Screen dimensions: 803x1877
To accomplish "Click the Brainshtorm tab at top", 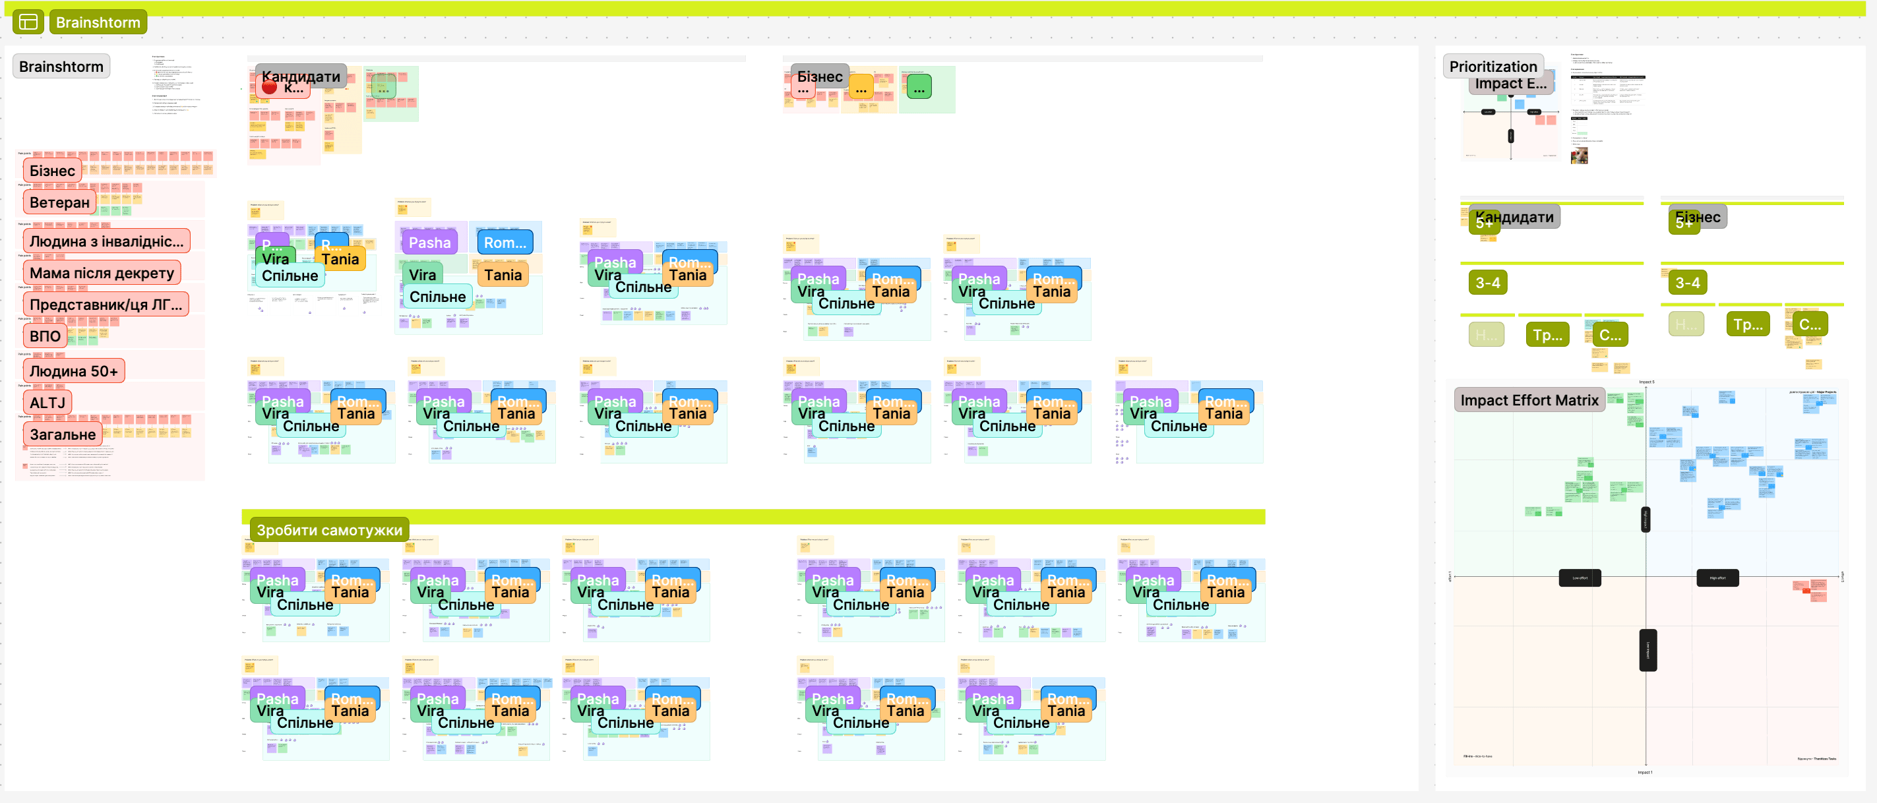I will (98, 22).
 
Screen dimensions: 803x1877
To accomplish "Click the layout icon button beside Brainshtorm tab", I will (28, 22).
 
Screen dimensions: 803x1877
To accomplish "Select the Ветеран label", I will (59, 202).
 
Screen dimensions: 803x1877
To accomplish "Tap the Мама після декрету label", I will (102, 273).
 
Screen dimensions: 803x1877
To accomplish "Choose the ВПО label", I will (44, 336).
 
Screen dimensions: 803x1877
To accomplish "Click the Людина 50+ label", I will (73, 371).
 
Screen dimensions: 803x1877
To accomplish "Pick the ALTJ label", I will (47, 402).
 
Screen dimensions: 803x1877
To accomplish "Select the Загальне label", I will (62, 434).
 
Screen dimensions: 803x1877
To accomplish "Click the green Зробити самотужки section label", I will (328, 530).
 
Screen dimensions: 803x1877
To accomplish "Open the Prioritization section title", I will (1492, 67).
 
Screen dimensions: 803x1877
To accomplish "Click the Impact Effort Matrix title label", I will (1529, 400).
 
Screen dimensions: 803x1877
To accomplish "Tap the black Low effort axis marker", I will (1579, 578).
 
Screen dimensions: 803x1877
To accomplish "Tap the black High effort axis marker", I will (1717, 578).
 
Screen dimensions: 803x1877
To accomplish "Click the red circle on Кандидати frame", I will (269, 87).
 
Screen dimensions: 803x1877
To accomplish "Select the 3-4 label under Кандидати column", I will (1487, 283).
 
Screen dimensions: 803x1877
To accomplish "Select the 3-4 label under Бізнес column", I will (1687, 283).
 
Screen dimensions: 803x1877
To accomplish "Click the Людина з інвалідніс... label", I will (106, 241).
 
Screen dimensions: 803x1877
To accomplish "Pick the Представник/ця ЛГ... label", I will (105, 305).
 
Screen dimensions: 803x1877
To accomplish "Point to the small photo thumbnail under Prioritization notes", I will (1578, 155).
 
